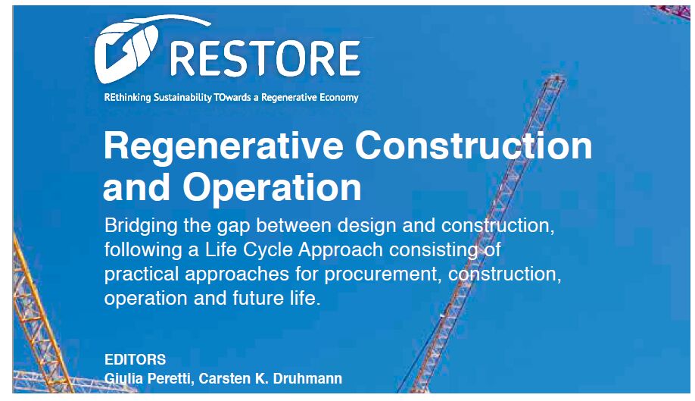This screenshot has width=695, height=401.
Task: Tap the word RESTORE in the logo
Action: [x=265, y=59]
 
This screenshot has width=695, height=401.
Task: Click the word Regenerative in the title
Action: [x=224, y=146]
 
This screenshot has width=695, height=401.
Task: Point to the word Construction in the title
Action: [x=474, y=146]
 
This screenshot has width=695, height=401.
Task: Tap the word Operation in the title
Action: [x=272, y=188]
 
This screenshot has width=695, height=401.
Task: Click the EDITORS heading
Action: [x=136, y=359]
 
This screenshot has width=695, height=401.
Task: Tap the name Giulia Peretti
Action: [x=148, y=379]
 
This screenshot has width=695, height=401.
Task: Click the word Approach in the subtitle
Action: [x=341, y=250]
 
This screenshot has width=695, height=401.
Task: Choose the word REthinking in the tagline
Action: [x=127, y=98]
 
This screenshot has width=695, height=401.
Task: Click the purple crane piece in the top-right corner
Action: [x=674, y=11]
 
